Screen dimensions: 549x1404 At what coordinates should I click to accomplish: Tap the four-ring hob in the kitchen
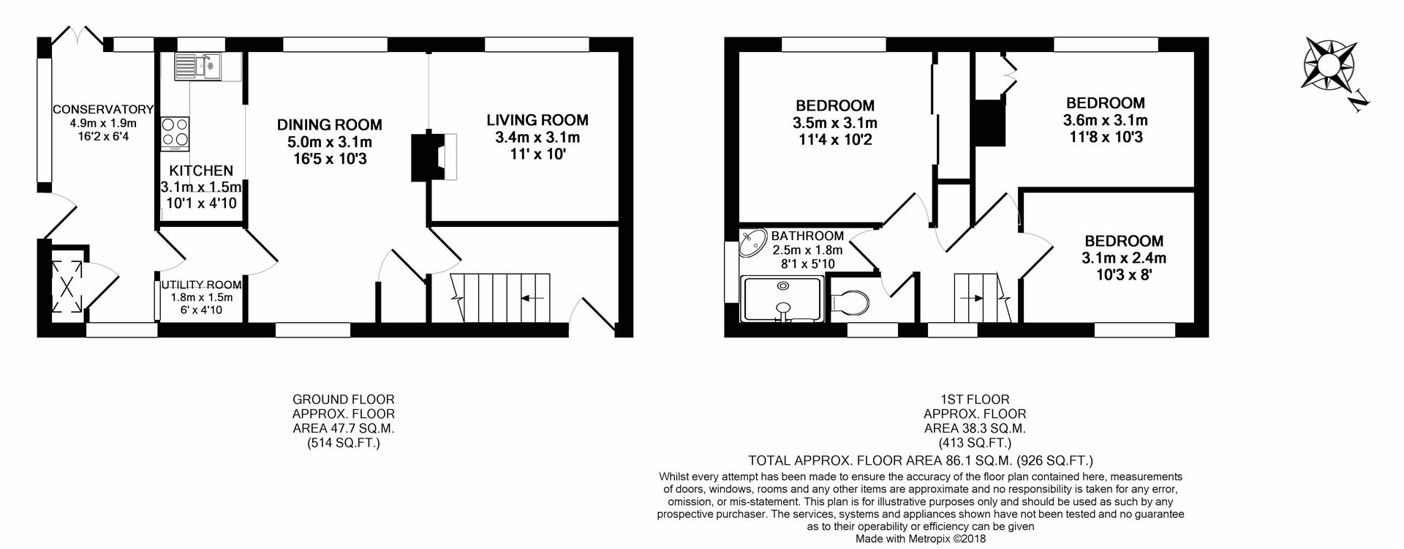(x=175, y=133)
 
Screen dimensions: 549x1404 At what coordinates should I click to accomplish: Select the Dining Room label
(x=329, y=125)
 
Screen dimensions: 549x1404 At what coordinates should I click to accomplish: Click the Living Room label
(x=537, y=120)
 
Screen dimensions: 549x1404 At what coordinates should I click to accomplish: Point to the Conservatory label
(x=102, y=109)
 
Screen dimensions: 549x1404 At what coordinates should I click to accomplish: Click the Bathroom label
(x=807, y=236)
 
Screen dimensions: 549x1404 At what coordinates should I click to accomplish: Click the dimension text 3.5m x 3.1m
(x=835, y=123)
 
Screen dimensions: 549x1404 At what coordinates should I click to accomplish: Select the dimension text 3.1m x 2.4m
(x=1123, y=258)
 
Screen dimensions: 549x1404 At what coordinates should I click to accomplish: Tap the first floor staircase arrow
(x=973, y=298)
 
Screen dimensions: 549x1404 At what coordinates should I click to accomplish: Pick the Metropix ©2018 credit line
(x=921, y=539)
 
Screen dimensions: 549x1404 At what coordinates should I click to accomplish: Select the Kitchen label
(x=197, y=171)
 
